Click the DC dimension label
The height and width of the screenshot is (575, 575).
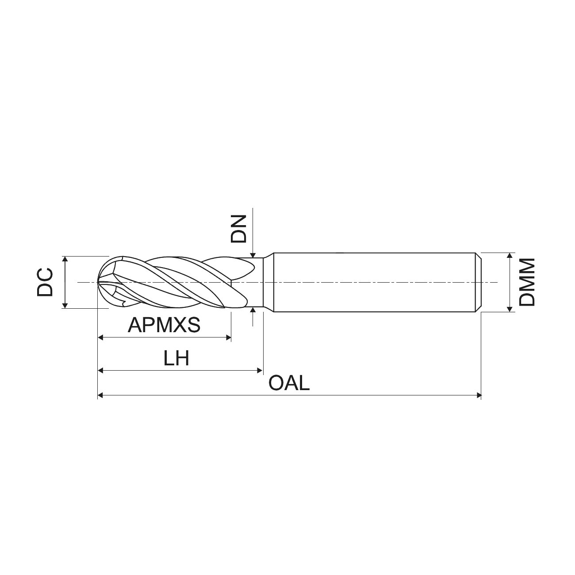[45, 282]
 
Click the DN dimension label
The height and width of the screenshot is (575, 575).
[238, 229]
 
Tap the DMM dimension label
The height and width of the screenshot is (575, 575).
[527, 282]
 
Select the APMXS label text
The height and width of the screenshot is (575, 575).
[164, 325]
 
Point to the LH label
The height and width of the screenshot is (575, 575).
[176, 358]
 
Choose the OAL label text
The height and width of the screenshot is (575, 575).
[289, 383]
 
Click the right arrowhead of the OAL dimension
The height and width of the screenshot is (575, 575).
[479, 396]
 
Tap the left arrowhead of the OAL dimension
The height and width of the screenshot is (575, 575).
[100, 396]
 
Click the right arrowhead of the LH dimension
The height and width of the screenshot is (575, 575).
[260, 371]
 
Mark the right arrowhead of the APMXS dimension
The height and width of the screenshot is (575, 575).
[229, 338]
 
